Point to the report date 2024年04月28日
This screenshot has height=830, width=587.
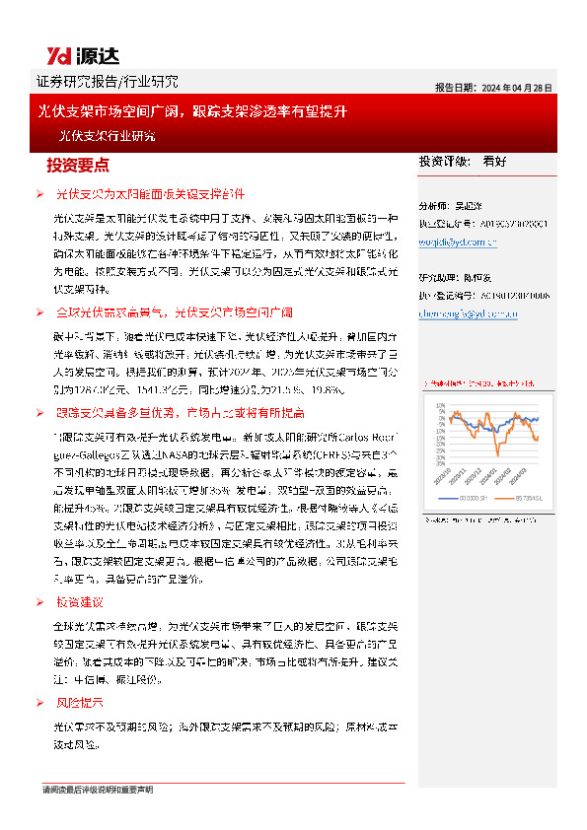[x=517, y=87]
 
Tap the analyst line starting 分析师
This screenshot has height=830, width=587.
[x=459, y=208]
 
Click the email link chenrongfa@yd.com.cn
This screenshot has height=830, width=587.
[x=469, y=313]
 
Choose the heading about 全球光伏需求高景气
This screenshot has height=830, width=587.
[x=174, y=312]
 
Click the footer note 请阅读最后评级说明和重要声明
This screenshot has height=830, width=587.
[x=97, y=790]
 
